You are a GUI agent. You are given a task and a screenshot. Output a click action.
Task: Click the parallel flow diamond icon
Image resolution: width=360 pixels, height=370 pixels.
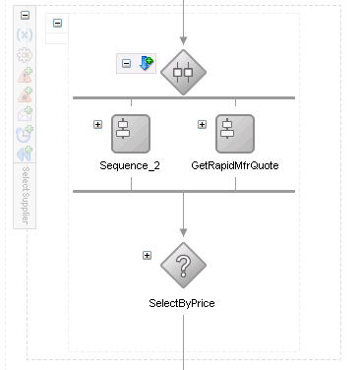[183, 72]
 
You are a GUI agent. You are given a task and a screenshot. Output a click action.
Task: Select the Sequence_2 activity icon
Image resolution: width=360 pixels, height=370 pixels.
[131, 134]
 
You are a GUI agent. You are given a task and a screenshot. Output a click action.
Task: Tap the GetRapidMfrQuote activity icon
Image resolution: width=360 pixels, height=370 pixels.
[235, 134]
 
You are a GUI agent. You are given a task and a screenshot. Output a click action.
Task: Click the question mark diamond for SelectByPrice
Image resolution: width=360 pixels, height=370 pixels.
[183, 266]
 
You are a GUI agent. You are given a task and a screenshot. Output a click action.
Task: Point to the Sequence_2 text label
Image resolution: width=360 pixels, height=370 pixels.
[130, 165]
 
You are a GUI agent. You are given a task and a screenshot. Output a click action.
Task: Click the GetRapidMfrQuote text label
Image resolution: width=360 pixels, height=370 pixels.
[235, 165]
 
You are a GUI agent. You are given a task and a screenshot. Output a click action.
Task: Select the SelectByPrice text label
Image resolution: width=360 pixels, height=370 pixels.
[182, 303]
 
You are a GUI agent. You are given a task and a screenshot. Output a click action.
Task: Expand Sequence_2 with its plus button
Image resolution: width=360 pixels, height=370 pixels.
[97, 125]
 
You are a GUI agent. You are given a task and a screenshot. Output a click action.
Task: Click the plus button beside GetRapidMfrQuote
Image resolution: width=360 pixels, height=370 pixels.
[202, 125]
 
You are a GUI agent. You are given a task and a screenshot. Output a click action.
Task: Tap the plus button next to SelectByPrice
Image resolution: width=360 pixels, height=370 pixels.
[147, 255]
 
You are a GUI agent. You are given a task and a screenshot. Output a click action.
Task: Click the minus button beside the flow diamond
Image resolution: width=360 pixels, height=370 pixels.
[126, 63]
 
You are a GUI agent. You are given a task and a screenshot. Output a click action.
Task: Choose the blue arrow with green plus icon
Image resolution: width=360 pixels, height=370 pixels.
[146, 63]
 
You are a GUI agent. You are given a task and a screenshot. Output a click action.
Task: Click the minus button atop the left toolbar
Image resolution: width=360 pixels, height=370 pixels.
[25, 15]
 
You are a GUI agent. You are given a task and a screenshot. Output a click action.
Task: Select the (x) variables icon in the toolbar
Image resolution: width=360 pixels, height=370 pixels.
[25, 34]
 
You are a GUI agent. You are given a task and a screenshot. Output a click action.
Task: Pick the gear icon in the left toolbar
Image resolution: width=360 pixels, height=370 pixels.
[25, 55]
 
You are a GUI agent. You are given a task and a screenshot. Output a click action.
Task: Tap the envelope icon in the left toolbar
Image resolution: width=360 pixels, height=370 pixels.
[25, 114]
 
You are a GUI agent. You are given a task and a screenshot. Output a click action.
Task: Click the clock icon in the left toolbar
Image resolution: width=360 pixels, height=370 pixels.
[25, 134]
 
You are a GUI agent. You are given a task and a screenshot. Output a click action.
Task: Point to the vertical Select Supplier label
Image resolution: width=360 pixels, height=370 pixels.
[26, 196]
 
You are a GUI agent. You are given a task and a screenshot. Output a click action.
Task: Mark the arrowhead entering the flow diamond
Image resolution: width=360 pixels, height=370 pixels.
[183, 41]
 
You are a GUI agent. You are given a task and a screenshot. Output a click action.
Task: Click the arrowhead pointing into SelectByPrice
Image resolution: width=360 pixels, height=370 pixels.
[183, 232]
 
